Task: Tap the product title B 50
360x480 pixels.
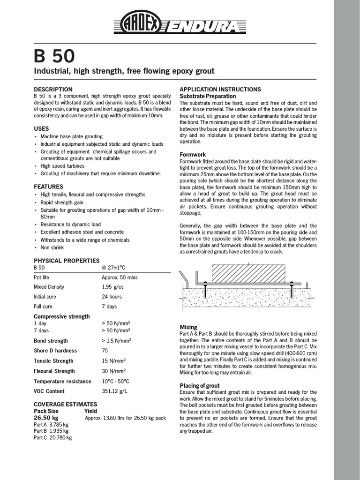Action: pos(53,56)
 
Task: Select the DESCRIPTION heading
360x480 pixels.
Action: pos(53,89)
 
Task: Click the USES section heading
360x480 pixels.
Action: pos(41,128)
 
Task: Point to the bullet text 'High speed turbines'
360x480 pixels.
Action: pos(62,166)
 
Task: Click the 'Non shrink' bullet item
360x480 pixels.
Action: pos(52,247)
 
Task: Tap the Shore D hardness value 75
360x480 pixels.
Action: pos(105,351)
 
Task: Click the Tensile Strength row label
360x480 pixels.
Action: pos(53,361)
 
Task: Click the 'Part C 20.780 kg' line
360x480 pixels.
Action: pos(52,437)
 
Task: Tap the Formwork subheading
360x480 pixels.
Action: pos(193,154)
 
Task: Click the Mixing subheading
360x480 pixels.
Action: pos(188,327)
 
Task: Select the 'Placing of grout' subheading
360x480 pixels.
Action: pos(200,385)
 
